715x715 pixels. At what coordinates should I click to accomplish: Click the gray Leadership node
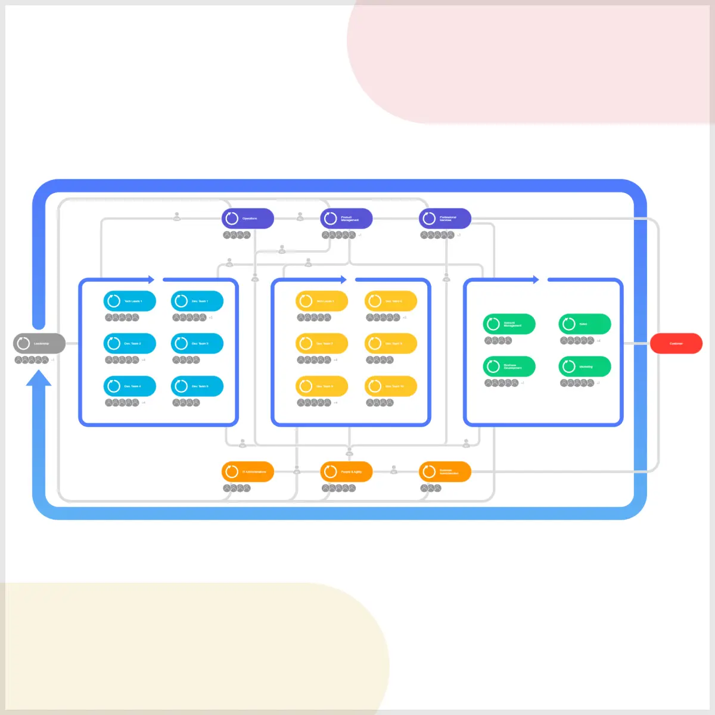(39, 343)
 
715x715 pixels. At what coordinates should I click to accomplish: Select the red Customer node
(676, 343)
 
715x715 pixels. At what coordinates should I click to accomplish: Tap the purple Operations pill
(248, 219)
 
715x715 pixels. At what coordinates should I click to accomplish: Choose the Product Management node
(346, 219)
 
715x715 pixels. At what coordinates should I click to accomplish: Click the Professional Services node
(445, 219)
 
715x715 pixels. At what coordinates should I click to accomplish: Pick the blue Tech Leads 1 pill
(130, 301)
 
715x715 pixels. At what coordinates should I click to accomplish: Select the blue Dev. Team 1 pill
(197, 301)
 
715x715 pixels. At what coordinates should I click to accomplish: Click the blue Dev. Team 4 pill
(130, 386)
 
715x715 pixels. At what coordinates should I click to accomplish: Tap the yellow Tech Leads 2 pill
(322, 301)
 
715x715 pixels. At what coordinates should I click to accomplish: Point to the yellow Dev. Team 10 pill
(391, 386)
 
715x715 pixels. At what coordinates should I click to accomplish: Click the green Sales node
(585, 324)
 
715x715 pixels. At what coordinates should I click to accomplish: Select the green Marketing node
(585, 366)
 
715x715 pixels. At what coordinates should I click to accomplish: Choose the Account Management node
(509, 324)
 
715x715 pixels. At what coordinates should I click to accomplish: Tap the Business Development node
(509, 366)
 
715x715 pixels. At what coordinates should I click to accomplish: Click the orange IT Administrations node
(248, 472)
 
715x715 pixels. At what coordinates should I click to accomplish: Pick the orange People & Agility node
(346, 472)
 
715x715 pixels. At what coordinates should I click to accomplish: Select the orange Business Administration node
(445, 472)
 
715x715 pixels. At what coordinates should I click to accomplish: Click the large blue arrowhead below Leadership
(39, 379)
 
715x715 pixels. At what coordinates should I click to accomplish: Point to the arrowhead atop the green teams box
(536, 279)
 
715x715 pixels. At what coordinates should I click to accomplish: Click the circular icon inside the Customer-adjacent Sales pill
(569, 324)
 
